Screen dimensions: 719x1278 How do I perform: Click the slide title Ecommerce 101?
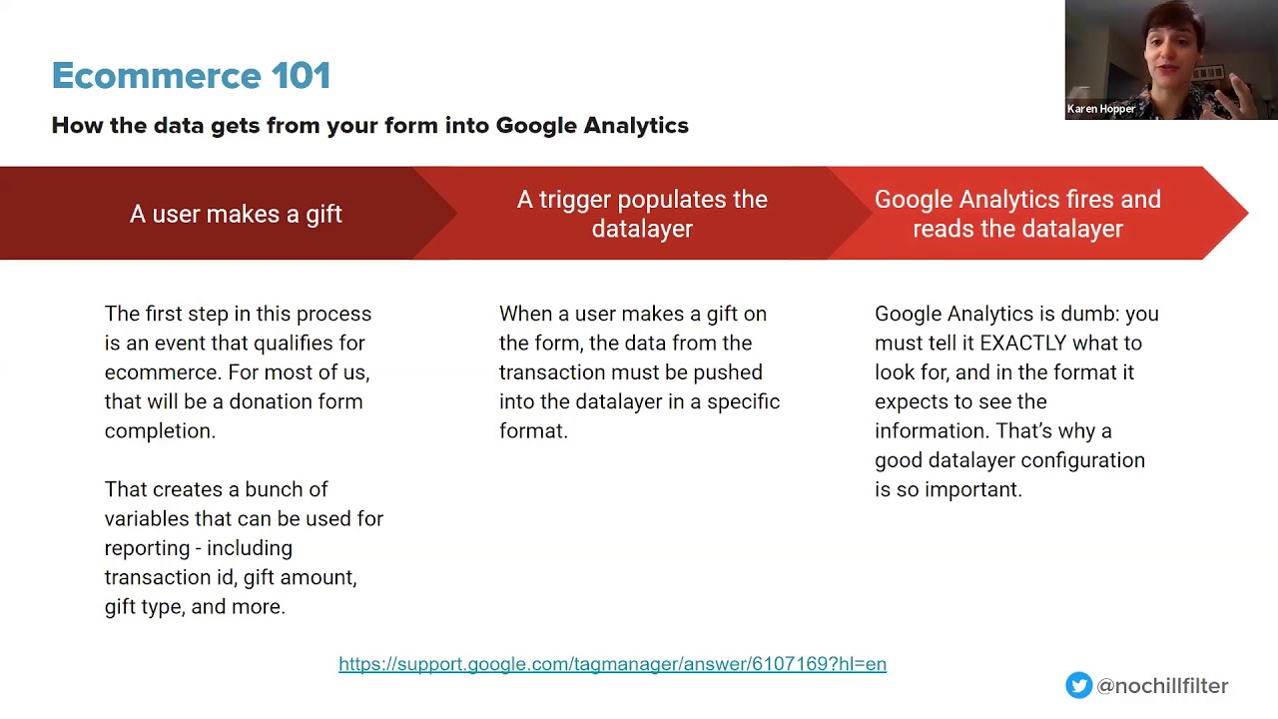pyautogui.click(x=191, y=76)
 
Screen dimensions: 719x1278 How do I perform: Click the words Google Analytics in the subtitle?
pyautogui.click(x=592, y=126)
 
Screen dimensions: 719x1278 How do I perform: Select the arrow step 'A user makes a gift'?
pyautogui.click(x=236, y=214)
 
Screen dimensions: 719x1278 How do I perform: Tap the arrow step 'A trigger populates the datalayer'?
pyautogui.click(x=642, y=214)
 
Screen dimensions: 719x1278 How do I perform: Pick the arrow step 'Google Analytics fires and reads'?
pyautogui.click(x=1017, y=214)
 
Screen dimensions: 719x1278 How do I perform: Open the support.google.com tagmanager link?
pyautogui.click(x=612, y=664)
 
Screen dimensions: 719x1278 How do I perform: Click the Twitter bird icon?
pyautogui.click(x=1078, y=685)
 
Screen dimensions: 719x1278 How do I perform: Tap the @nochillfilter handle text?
pyautogui.click(x=1162, y=686)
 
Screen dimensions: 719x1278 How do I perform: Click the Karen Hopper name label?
pyautogui.click(x=1101, y=109)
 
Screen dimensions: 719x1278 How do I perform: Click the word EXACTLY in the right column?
pyautogui.click(x=1023, y=343)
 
